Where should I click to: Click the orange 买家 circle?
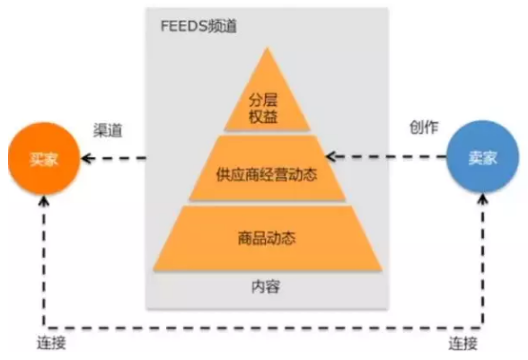(x=41, y=161)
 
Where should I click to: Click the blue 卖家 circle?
(x=481, y=156)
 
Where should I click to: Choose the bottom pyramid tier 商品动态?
(x=267, y=240)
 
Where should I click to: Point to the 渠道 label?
(x=108, y=129)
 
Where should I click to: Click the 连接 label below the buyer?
(x=51, y=344)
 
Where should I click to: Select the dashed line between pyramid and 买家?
(x=117, y=161)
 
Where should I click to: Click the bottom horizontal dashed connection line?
(x=260, y=326)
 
